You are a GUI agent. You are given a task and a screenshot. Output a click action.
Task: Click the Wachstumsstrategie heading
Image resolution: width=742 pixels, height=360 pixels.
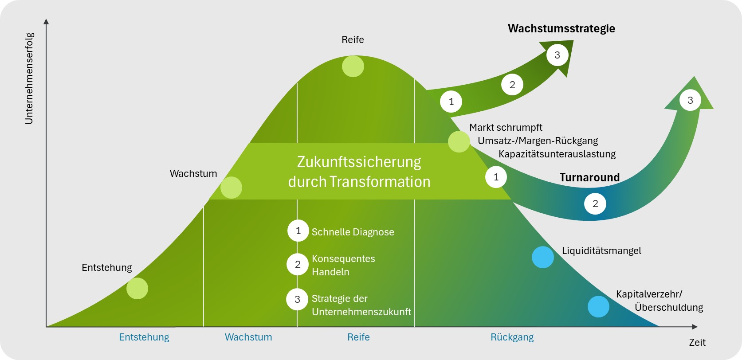coord(561,29)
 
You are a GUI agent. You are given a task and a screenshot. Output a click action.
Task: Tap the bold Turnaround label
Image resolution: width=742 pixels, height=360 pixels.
coord(589,177)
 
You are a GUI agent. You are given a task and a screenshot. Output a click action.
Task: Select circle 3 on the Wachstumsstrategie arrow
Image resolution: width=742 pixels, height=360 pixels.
coord(557,55)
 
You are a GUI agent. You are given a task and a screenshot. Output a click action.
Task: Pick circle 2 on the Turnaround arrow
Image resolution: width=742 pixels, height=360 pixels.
coord(595,204)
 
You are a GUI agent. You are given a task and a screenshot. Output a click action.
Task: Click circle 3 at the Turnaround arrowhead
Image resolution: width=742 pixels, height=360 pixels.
coord(690,100)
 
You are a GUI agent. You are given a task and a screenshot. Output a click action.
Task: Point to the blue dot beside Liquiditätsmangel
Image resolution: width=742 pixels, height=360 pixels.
coord(543,257)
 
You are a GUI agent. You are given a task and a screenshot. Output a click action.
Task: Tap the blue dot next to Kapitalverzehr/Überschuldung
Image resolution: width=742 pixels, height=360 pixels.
coord(598,306)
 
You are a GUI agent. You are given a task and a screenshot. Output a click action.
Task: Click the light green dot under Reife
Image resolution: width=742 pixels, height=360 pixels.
coord(353,67)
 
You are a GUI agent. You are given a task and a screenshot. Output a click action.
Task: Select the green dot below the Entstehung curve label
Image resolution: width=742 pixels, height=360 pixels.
coord(137,289)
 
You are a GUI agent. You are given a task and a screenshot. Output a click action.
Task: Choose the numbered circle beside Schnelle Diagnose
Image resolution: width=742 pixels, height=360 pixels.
coord(298,231)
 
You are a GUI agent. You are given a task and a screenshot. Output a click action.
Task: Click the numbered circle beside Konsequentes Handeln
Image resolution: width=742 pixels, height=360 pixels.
coord(298,265)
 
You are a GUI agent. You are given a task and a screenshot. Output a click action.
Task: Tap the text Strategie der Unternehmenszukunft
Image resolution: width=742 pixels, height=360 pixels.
coord(361,305)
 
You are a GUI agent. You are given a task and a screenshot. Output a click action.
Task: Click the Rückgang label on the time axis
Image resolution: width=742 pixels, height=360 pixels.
coord(512,337)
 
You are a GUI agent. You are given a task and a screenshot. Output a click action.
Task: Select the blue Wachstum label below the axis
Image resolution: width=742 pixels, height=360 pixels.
coord(248,337)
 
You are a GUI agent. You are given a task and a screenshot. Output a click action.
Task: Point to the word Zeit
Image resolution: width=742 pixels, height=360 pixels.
coord(697,342)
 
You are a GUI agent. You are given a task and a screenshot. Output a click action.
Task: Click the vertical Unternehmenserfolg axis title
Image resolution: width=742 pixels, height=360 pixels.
coord(29,78)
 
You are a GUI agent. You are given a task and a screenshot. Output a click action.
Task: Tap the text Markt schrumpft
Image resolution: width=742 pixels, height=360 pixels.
coord(506,128)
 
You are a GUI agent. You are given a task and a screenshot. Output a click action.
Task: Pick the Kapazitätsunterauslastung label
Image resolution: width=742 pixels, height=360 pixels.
coord(557,154)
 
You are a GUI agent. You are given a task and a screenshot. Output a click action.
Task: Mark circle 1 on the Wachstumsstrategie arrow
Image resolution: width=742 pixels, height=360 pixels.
coord(451,102)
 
